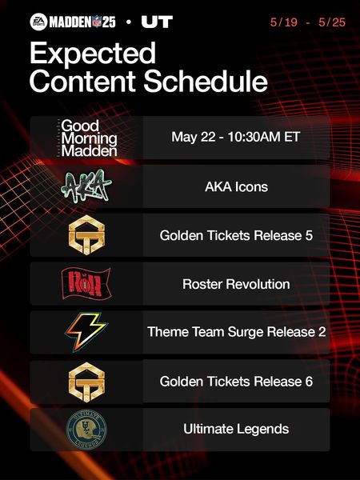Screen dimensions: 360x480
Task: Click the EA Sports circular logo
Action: pyautogui.click(x=39, y=22)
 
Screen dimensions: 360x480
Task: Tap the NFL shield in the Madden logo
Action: pyautogui.click(x=97, y=22)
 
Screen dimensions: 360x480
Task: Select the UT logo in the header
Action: pyautogui.click(x=157, y=22)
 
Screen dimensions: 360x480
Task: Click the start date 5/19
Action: pyautogui.click(x=284, y=22)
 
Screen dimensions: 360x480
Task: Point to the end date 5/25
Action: pyautogui.click(x=332, y=22)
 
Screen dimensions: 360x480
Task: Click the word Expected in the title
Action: pyautogui.click(x=93, y=54)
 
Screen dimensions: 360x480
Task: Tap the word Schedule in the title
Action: pyautogui.click(x=206, y=82)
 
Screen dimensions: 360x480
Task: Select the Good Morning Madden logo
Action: pyautogui.click(x=86, y=138)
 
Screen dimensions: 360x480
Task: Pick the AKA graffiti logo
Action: pyautogui.click(x=86, y=186)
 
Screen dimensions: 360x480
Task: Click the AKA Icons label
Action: pyautogui.click(x=236, y=186)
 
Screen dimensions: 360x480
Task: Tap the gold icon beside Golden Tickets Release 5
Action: pyautogui.click(x=86, y=235)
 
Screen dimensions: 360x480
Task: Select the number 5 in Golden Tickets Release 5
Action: pyautogui.click(x=309, y=235)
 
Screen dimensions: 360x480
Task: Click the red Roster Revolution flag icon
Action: pyautogui.click(x=86, y=283)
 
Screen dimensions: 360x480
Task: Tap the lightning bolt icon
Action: pyautogui.click(x=86, y=332)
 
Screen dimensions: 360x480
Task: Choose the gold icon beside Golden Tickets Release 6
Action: pyautogui.click(x=86, y=382)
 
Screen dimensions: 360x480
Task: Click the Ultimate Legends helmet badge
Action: pyautogui.click(x=86, y=429)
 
